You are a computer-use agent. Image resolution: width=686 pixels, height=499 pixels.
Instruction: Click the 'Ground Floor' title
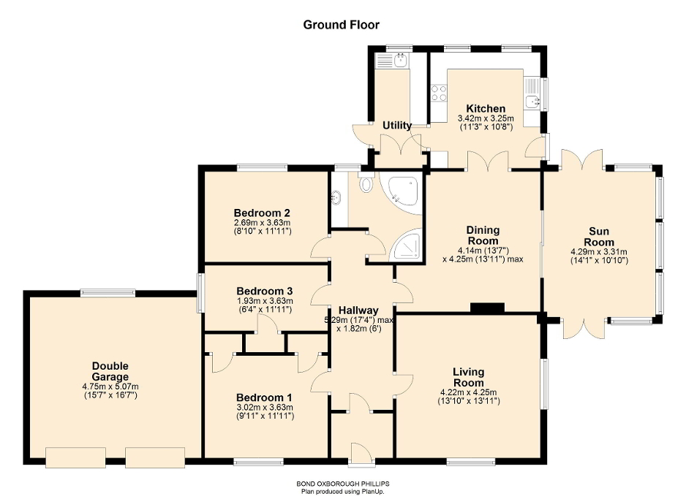click(342, 25)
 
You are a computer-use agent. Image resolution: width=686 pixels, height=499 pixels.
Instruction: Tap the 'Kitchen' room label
click(486, 109)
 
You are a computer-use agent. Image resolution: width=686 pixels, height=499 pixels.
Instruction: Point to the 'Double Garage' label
click(110, 371)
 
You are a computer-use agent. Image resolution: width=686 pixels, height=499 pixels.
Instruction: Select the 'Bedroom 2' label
click(262, 213)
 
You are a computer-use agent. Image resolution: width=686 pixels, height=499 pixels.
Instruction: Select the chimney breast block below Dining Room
click(487, 308)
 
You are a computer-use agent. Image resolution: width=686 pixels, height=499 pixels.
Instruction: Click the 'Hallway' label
click(358, 310)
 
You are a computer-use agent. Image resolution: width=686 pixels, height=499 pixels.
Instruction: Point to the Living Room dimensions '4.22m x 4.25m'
click(468, 392)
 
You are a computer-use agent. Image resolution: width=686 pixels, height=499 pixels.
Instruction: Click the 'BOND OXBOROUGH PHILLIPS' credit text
click(342, 484)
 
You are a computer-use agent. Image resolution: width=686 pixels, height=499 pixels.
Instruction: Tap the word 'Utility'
click(397, 126)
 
